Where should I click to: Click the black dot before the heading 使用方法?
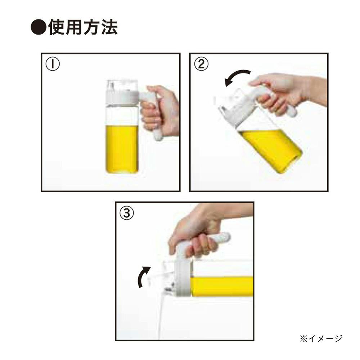pyautogui.click(x=39, y=27)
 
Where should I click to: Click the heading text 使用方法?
pyautogui.click(x=83, y=27)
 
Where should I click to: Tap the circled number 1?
pyautogui.click(x=53, y=64)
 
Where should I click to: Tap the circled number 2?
pyautogui.click(x=201, y=64)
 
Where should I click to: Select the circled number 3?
pyautogui.click(x=127, y=213)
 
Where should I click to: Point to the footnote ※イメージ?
pyautogui.click(x=321, y=338)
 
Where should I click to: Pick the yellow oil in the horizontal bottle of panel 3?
pyautogui.click(x=221, y=286)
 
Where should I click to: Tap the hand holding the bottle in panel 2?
pyautogui.click(x=287, y=92)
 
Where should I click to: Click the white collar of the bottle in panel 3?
pyautogui.click(x=183, y=278)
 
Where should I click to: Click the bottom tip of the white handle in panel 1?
pyautogui.click(x=158, y=138)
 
